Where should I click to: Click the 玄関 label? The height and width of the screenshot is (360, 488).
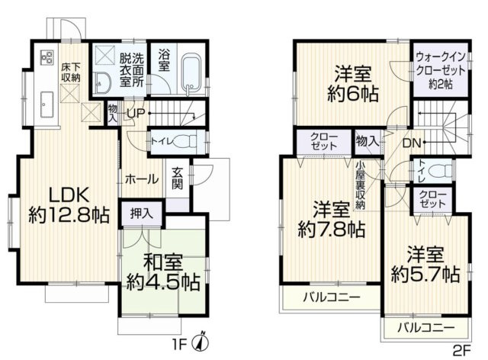(x=177, y=178)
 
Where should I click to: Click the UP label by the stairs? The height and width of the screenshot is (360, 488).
(x=135, y=114)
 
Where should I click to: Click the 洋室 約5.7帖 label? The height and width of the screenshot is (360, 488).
(x=425, y=263)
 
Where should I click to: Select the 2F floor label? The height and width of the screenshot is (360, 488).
(x=461, y=350)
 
